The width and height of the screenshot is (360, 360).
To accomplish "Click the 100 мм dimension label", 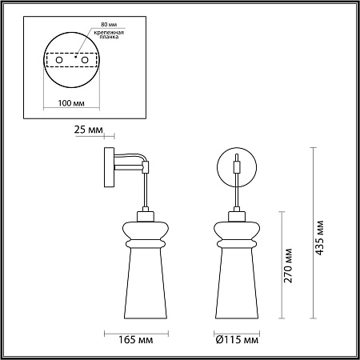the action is click(x=71, y=103).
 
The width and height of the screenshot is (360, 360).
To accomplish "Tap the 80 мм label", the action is click(x=109, y=24).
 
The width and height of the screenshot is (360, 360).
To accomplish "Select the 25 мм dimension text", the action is click(x=88, y=130).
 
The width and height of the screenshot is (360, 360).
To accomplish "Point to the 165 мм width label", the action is click(x=136, y=340).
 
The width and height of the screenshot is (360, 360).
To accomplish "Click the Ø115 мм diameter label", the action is click(x=237, y=340).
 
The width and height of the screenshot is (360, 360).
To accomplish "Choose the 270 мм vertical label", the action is click(x=288, y=266).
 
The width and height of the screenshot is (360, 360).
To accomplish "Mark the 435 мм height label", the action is click(x=319, y=238).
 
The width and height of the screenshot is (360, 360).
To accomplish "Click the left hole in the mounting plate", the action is click(x=59, y=60).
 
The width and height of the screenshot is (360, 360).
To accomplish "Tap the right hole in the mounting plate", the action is click(x=85, y=60).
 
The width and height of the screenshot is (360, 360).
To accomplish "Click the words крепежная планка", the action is click(x=109, y=34).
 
